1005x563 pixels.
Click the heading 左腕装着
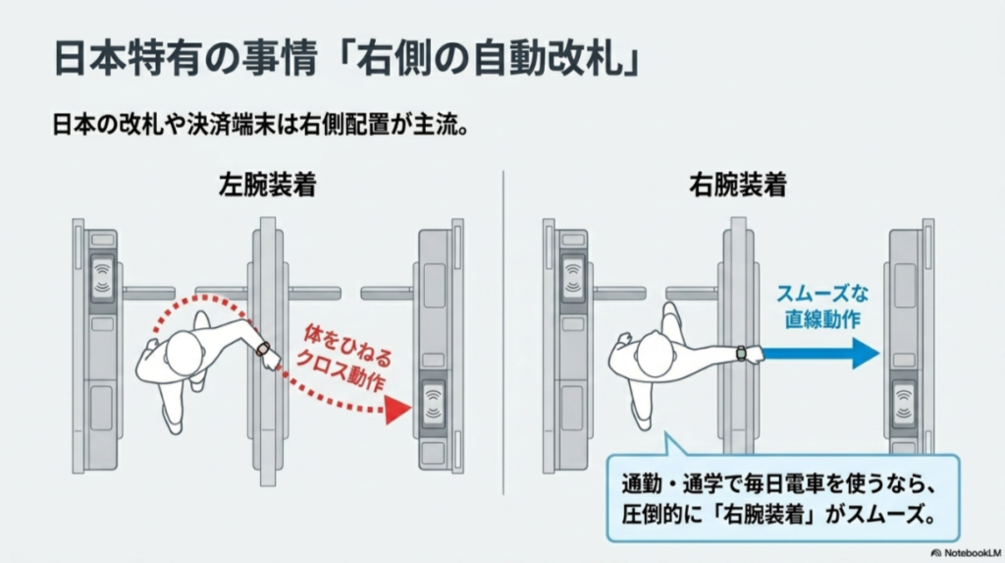coord(267,185)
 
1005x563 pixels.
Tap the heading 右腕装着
coord(737,185)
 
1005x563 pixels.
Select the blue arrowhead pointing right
coord(864,353)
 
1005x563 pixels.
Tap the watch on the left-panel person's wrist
coord(263,347)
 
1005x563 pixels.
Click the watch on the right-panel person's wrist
coord(740,353)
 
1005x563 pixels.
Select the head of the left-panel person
coord(182,351)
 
